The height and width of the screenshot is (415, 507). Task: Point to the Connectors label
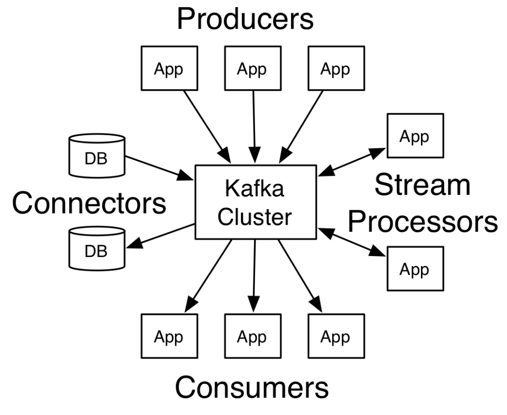[89, 203]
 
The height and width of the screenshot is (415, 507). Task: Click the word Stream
[423, 186]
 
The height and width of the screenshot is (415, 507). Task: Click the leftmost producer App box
[168, 69]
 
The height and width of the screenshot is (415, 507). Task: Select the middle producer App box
[252, 69]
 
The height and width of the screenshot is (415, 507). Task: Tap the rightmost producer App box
[335, 69]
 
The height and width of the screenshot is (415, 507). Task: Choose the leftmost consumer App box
[168, 336]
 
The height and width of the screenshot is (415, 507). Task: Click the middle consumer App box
[252, 336]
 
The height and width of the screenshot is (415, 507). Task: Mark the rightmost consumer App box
[335, 336]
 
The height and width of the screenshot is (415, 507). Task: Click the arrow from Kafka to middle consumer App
[254, 276]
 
